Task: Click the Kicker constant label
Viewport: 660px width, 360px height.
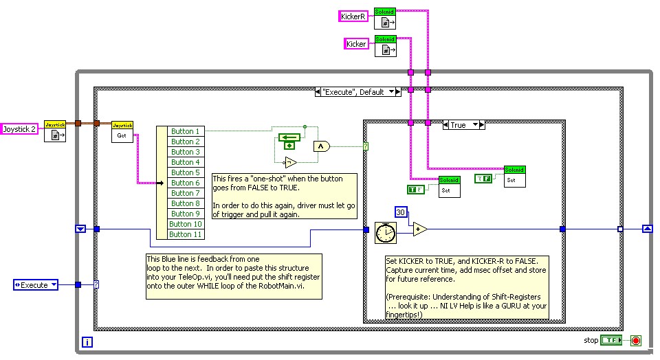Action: coord(356,44)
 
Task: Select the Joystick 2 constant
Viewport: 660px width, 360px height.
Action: coord(19,128)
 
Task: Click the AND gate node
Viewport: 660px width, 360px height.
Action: coord(321,146)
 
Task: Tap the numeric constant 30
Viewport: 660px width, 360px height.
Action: coord(402,212)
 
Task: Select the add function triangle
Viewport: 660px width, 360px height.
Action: coord(419,229)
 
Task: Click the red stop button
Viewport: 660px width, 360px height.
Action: coord(636,340)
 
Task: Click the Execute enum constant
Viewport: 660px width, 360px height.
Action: coord(36,284)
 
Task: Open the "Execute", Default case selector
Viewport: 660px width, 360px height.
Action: coord(357,91)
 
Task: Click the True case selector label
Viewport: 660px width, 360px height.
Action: coord(463,125)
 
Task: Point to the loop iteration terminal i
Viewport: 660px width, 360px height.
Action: coord(88,341)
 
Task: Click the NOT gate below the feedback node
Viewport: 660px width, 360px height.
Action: coord(290,163)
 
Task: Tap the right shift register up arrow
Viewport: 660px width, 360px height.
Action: coord(647,229)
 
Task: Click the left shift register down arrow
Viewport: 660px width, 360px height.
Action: coord(80,229)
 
